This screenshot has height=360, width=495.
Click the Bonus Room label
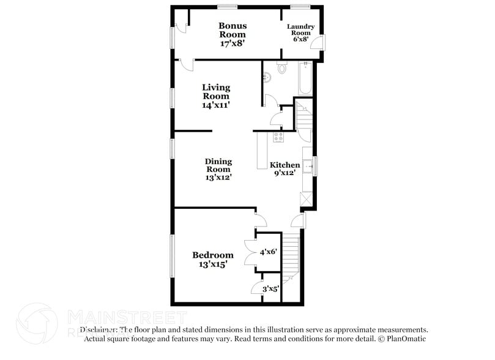point(233,30)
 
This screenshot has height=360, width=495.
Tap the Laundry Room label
point(301,30)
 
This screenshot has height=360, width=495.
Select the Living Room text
point(216,92)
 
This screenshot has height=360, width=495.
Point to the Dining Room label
point(218,165)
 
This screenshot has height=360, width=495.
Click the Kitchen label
point(285,165)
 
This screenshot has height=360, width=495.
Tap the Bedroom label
point(212,255)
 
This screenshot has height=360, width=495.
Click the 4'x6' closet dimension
point(269,252)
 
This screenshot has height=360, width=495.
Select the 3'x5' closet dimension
point(270,289)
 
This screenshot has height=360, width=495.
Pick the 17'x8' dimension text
point(233,43)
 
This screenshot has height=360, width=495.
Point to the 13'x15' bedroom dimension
point(212,264)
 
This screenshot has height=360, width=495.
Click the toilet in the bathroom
point(281,68)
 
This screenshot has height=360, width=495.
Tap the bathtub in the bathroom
point(305,78)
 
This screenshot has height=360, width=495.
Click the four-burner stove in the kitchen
point(278,137)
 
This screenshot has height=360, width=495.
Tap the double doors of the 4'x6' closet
point(249,252)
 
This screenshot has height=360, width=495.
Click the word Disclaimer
point(100,329)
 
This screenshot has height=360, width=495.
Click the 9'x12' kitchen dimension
point(285,173)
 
